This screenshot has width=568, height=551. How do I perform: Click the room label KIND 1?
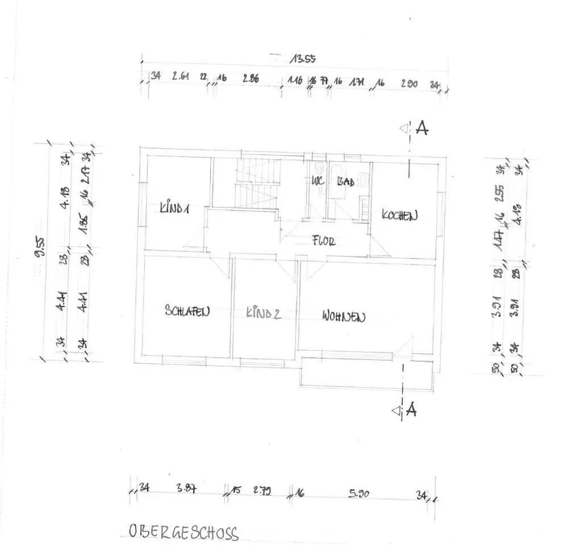tap(174, 209)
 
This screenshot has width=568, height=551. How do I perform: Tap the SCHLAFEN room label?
tap(187, 311)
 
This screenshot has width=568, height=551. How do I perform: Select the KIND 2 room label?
tap(263, 313)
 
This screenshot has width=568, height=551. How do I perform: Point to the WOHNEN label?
tap(343, 316)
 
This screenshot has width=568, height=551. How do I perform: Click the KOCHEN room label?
tap(400, 216)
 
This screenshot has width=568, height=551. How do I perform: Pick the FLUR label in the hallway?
tap(324, 241)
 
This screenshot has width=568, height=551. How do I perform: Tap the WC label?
tap(317, 183)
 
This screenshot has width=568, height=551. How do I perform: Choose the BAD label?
tap(345, 183)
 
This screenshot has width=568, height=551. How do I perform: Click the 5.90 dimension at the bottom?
tap(360, 494)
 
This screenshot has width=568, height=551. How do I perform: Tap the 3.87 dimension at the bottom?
tap(187, 488)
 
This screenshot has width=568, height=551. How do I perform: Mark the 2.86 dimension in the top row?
tap(250, 79)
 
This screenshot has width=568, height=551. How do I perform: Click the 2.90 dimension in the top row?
tap(409, 84)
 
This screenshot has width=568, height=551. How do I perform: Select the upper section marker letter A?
tap(421, 129)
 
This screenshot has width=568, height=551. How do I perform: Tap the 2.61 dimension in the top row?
tap(181, 77)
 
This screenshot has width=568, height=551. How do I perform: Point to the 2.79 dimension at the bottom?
tap(262, 490)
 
